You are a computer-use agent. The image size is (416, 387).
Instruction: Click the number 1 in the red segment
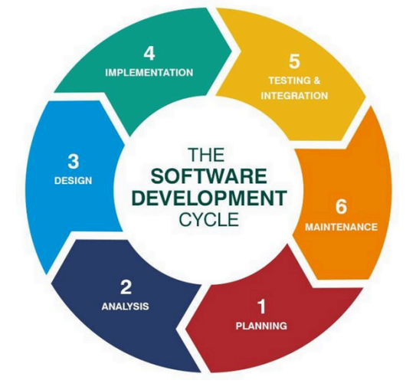262,307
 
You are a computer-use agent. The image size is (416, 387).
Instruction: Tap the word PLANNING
261,326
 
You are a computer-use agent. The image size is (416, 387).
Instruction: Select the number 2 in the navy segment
126,287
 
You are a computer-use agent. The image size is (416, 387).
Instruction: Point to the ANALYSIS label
125,307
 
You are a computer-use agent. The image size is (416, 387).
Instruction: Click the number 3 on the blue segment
74,162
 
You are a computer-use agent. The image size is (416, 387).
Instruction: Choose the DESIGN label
74,181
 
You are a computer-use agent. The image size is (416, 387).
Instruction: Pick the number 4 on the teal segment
149,54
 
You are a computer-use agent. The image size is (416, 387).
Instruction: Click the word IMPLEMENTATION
149,73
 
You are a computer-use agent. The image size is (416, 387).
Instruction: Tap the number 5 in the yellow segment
294,61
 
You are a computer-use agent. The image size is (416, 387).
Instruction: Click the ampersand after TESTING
316,80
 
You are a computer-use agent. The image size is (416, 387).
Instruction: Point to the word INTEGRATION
294,96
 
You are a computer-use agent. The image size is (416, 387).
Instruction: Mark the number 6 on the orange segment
341,206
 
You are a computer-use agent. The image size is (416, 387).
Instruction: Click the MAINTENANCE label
341,227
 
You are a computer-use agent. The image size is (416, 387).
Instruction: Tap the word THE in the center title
207,155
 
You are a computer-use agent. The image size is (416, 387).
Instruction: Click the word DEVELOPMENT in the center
209,197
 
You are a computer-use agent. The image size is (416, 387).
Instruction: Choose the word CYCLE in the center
209,219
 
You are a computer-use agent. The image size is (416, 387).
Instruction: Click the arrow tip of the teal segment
232,51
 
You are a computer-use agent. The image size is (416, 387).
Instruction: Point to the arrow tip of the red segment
185,330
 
